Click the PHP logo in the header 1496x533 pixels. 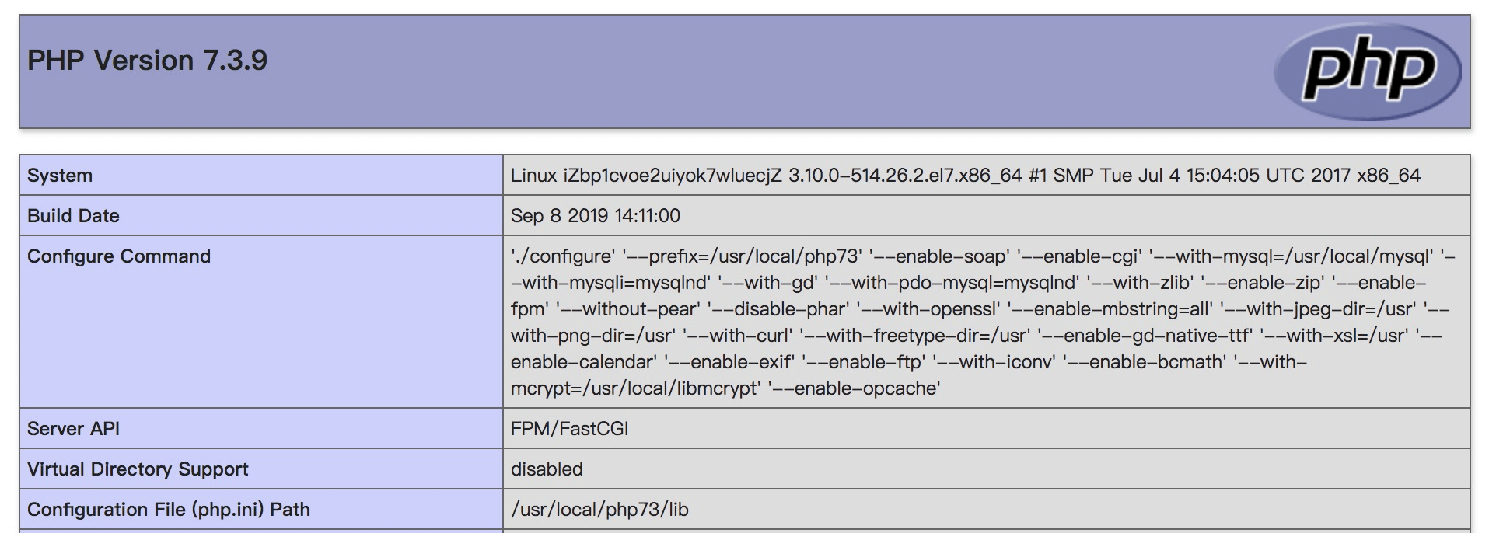pyautogui.click(x=1367, y=71)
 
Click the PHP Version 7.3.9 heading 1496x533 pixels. pyautogui.click(x=147, y=61)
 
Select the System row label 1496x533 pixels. pyautogui.click(x=60, y=176)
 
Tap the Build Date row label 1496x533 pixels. pyautogui.click(x=73, y=216)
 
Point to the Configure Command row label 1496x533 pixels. pyautogui.click(x=119, y=256)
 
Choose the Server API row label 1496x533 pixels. pyautogui.click(x=73, y=429)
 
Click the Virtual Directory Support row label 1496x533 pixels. pyautogui.click(x=138, y=469)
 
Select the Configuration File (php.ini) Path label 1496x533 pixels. pyautogui.click(x=169, y=510)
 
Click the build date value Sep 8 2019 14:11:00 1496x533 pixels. pyautogui.click(x=596, y=216)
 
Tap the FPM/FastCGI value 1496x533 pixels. pyautogui.click(x=570, y=429)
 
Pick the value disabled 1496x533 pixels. pyautogui.click(x=547, y=469)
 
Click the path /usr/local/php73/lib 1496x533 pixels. pyautogui.click(x=599, y=510)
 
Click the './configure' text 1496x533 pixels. pyautogui.click(x=563, y=256)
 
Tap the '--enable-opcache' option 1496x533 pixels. pyautogui.click(x=854, y=388)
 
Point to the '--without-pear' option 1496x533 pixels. pyautogui.click(x=627, y=309)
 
